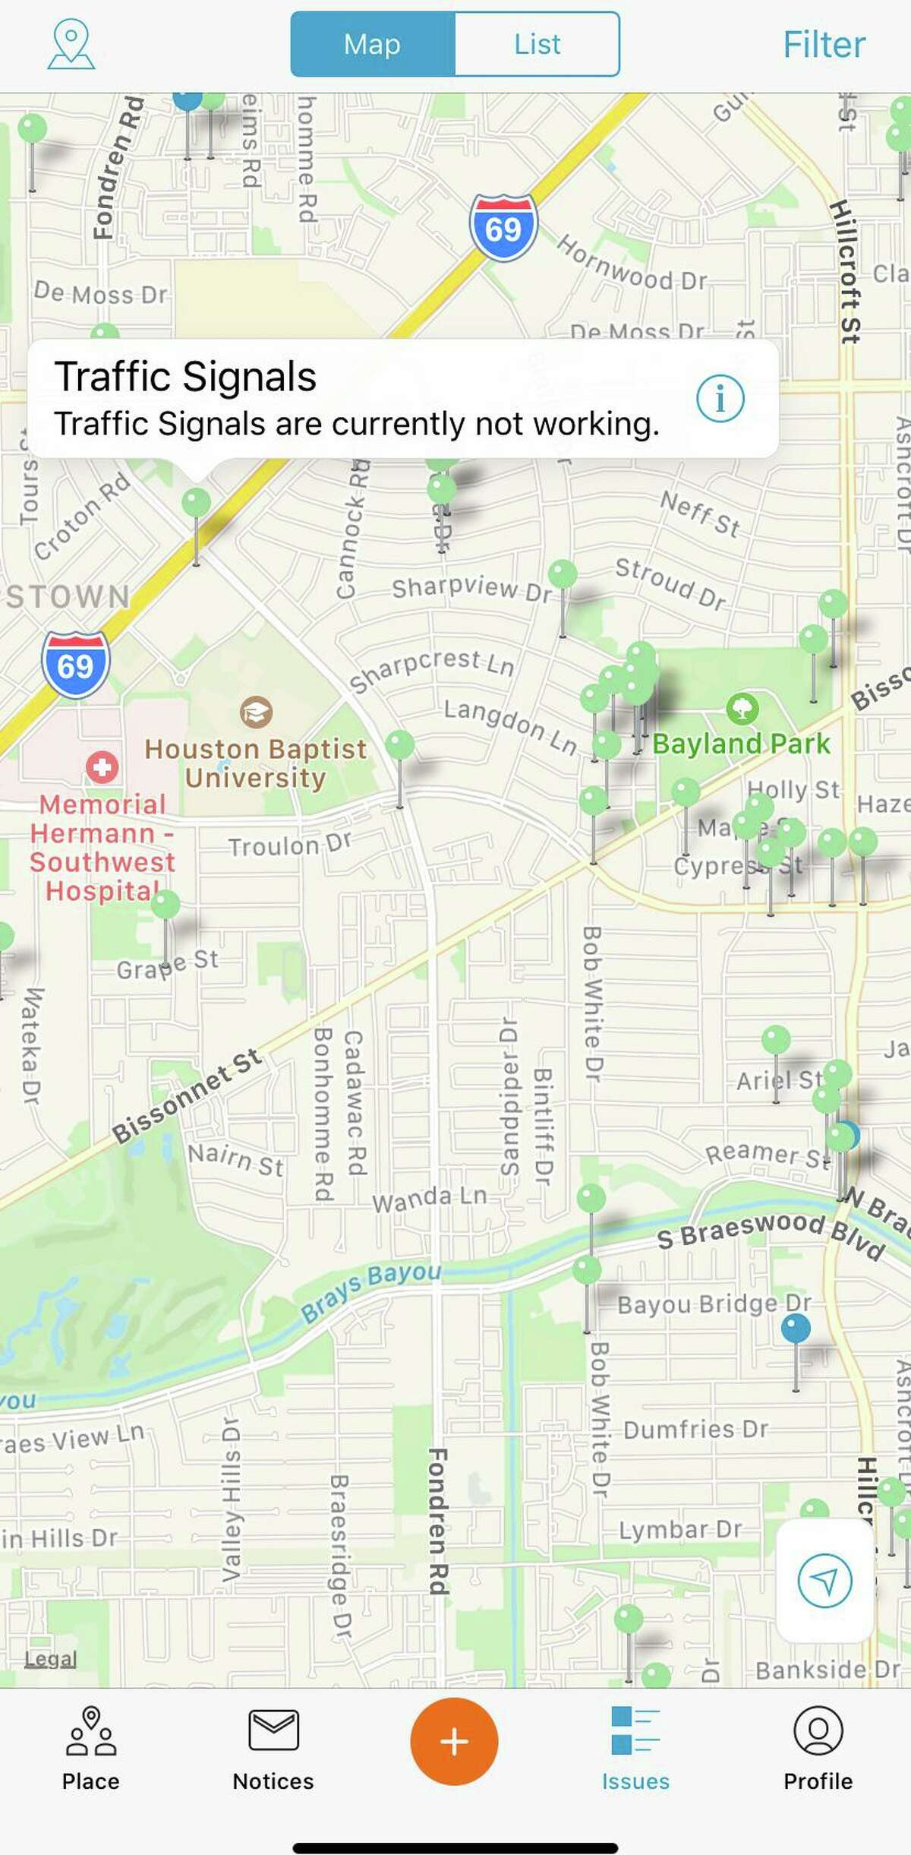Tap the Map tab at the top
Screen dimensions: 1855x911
373,44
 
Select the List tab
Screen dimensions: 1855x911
537,44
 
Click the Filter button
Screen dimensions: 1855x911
824,45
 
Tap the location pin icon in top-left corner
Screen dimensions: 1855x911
71,44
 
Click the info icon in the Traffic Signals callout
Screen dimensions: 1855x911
720,398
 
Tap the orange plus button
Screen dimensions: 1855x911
454,1742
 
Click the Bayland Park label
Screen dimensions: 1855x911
741,744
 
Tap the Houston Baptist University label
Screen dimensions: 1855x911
256,763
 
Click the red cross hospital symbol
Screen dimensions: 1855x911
102,767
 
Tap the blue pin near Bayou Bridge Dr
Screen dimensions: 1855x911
796,1329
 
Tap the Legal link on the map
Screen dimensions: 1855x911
50,1659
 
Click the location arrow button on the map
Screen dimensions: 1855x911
824,1581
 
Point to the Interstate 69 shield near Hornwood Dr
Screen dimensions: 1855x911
503,228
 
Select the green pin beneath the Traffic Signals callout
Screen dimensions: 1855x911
197,503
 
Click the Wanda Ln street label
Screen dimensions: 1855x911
430,1199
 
